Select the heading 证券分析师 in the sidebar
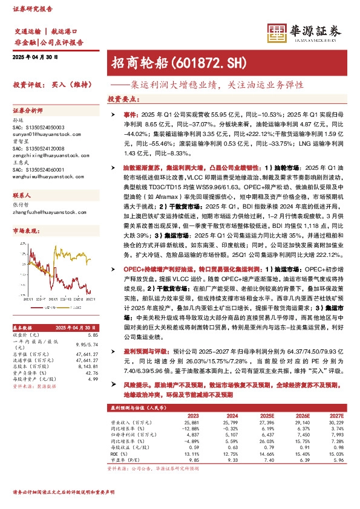point(28,111)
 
